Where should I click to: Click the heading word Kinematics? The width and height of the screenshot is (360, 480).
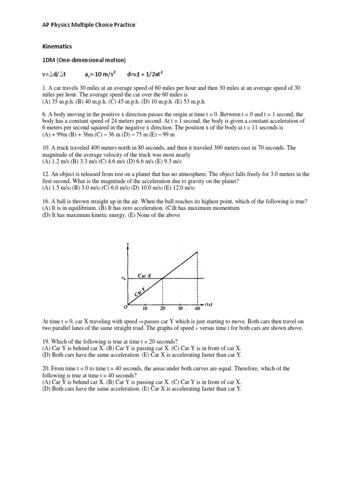(58, 47)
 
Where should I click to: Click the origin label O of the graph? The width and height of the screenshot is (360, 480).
(125, 308)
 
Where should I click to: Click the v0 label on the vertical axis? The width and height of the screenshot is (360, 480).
(123, 279)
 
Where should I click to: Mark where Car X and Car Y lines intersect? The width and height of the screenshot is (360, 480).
(163, 279)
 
